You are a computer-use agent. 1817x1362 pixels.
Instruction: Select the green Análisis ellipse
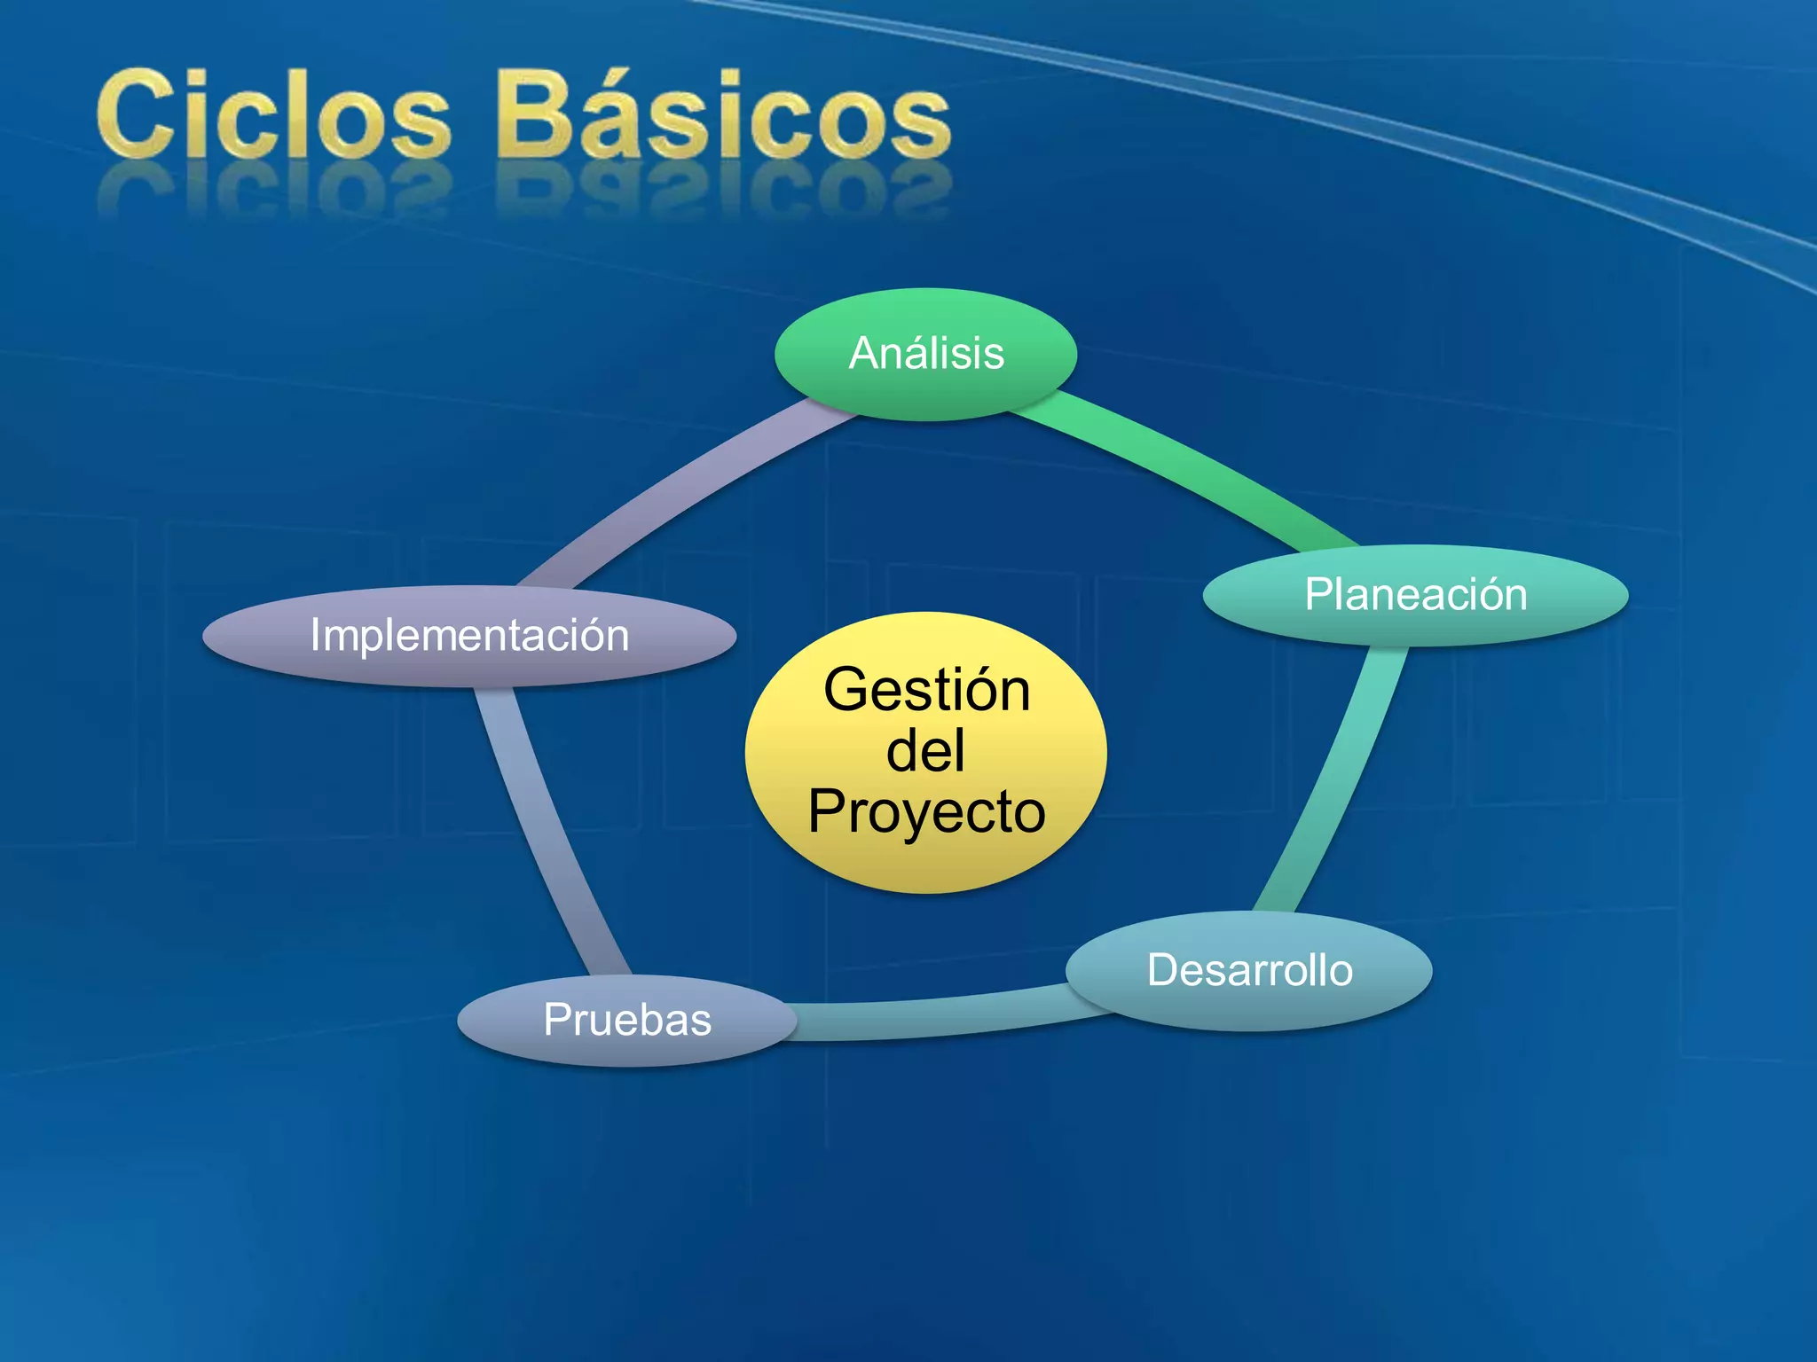pos(926,353)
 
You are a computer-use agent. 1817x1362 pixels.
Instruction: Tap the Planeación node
pos(1415,594)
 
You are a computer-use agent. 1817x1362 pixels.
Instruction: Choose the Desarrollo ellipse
pos(1248,970)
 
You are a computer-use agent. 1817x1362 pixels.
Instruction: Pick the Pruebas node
pos(626,1020)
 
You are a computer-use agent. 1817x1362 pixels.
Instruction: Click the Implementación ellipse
pos(469,636)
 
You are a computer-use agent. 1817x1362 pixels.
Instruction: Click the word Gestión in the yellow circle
pos(926,690)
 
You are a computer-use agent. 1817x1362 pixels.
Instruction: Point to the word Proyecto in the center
pos(926,811)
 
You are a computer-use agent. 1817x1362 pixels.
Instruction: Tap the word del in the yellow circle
pos(925,750)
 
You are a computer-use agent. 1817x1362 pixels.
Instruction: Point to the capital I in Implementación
pos(315,635)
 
